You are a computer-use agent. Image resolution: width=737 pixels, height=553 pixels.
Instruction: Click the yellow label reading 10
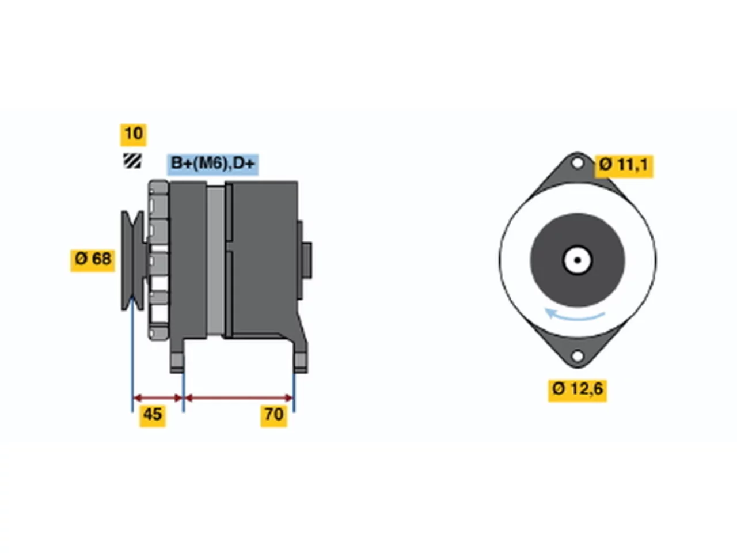click(x=134, y=135)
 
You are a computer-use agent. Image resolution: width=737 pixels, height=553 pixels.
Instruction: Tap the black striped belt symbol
click(x=132, y=161)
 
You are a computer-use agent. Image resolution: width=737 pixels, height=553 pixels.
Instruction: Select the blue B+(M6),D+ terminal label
click(x=213, y=165)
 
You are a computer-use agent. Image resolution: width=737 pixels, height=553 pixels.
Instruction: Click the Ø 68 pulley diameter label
click(x=93, y=260)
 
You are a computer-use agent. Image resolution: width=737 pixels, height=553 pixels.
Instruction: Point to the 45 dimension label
click(x=153, y=416)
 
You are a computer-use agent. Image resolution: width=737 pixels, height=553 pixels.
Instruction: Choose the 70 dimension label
click(x=273, y=416)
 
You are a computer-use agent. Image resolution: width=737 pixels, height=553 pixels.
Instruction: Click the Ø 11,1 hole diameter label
click(x=624, y=166)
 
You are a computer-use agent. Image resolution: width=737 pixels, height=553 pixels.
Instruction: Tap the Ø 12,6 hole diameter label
click(x=578, y=391)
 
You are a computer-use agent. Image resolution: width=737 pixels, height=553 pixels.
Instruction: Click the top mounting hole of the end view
click(x=577, y=164)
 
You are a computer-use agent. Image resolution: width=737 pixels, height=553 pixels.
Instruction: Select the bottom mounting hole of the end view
click(x=577, y=356)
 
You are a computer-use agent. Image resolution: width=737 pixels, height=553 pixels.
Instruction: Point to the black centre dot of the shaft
click(x=578, y=260)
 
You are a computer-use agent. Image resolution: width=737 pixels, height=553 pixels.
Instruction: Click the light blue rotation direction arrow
click(x=574, y=316)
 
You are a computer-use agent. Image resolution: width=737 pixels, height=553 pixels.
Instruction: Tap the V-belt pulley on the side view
click(x=132, y=260)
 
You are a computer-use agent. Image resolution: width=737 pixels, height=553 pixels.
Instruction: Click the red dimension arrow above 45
click(x=158, y=398)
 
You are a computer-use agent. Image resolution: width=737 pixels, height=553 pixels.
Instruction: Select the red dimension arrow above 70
click(x=239, y=398)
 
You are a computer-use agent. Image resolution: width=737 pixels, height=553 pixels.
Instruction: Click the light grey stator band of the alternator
click(x=215, y=260)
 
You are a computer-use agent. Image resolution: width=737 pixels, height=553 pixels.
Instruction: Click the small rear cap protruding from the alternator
click(x=306, y=260)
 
